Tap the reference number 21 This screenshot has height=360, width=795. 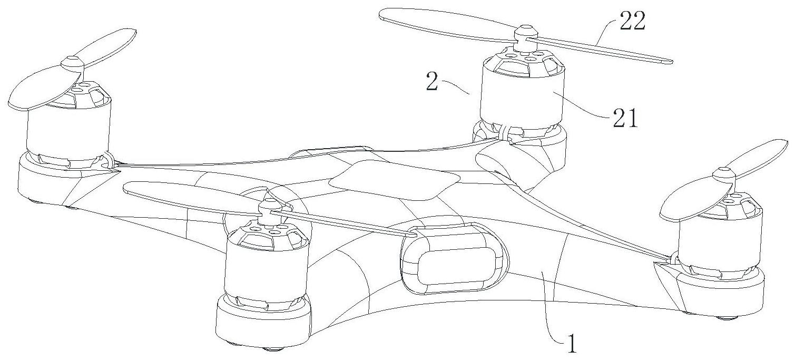[625, 120]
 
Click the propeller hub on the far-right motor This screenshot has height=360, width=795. [725, 174]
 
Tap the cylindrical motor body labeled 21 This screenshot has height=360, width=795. [522, 95]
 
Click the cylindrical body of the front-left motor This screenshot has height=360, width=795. [266, 269]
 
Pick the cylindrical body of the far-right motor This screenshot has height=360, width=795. [719, 242]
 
